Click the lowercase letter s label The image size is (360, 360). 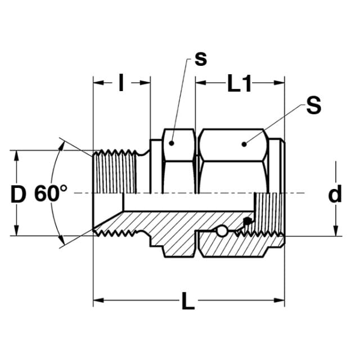coord(201,60)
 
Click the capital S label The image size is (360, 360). coord(314,105)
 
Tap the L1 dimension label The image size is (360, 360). coord(239,83)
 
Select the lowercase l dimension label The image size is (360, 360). coord(121,83)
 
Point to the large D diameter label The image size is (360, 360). coord(19,194)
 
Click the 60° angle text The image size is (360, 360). coord(51,193)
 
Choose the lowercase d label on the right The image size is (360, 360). coord(335,194)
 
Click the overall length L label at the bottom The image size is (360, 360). coord(188,301)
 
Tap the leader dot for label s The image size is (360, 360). coord(172,143)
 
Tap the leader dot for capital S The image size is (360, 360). coord(244,144)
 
